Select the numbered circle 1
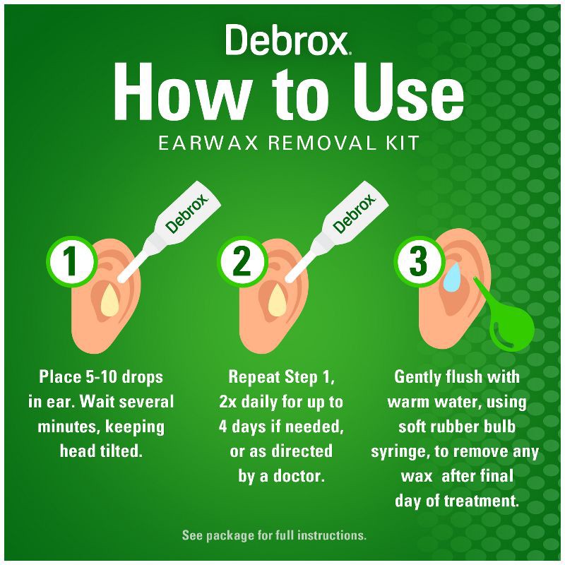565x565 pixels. click(x=71, y=261)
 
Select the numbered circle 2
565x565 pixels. click(x=242, y=261)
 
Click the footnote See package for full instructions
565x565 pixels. click(x=274, y=535)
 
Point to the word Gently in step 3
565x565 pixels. click(x=420, y=377)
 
